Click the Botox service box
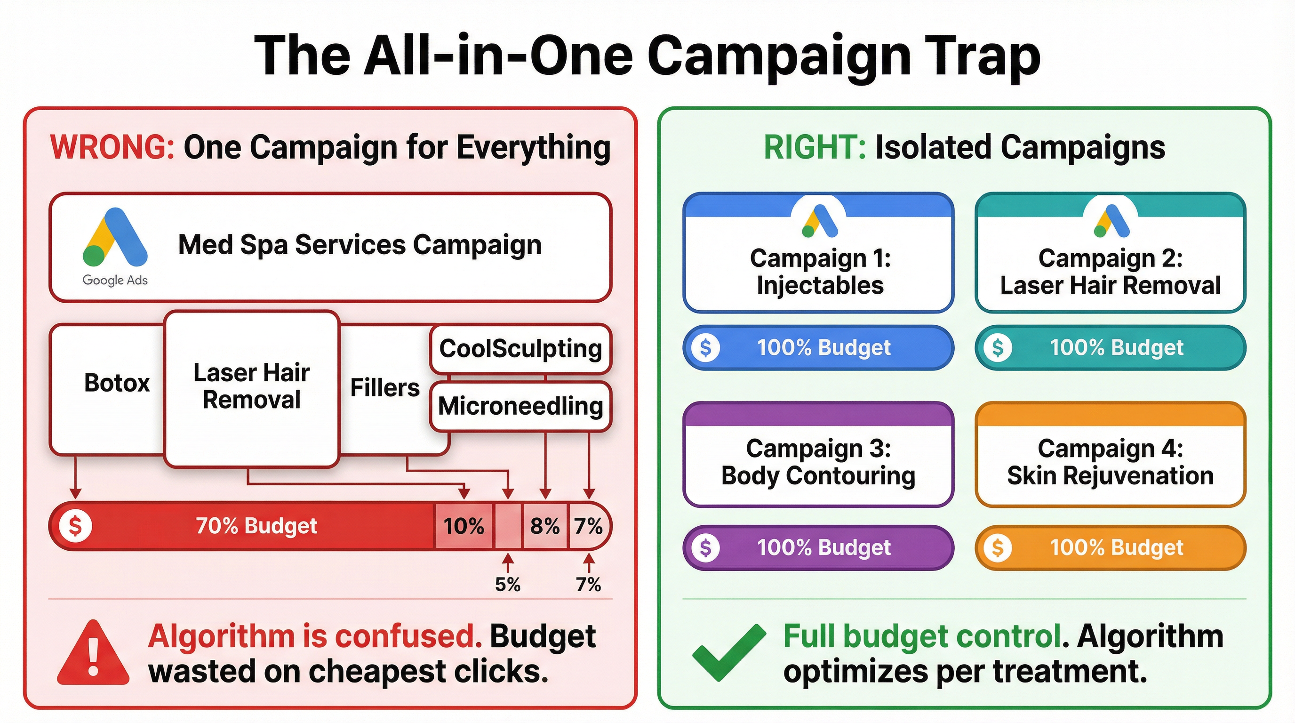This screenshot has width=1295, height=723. coord(116,383)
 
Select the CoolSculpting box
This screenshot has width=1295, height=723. coord(520,348)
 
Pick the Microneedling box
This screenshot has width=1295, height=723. coord(520,406)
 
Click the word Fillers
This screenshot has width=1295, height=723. coord(384,388)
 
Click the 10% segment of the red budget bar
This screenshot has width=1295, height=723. coord(464,526)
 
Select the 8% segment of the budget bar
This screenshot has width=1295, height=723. coord(545,526)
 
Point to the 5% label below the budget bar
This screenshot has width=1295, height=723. coord(508,584)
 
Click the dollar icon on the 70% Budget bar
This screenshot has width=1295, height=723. coord(75,526)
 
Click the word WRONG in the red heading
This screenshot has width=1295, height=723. coord(112,147)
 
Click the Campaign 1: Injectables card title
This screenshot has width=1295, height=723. coord(820,272)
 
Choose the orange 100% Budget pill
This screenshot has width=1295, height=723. coord(1110,547)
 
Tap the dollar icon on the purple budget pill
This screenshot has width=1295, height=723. coord(705,547)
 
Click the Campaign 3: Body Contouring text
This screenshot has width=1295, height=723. coord(818,462)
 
